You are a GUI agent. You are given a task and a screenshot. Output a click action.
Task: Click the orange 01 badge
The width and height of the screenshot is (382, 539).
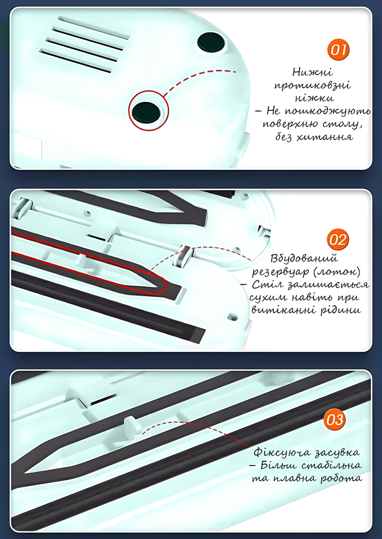pyautogui.click(x=338, y=50)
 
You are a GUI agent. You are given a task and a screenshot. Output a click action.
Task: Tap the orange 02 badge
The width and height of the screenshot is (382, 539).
pyautogui.click(x=338, y=240)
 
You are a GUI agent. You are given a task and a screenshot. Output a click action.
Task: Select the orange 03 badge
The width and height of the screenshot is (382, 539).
pyautogui.click(x=334, y=420)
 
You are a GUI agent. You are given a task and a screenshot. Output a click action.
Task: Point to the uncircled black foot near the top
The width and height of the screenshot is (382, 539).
pyautogui.click(x=212, y=42)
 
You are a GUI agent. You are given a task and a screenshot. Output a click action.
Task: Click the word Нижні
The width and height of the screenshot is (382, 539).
pyautogui.click(x=313, y=72)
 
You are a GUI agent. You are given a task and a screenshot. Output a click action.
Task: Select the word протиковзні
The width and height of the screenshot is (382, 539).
pyautogui.click(x=313, y=85)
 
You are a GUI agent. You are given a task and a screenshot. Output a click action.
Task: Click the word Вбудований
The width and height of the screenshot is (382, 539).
pyautogui.click(x=304, y=259)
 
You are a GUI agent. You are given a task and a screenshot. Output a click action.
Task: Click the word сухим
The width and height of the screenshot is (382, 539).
pyautogui.click(x=268, y=297)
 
